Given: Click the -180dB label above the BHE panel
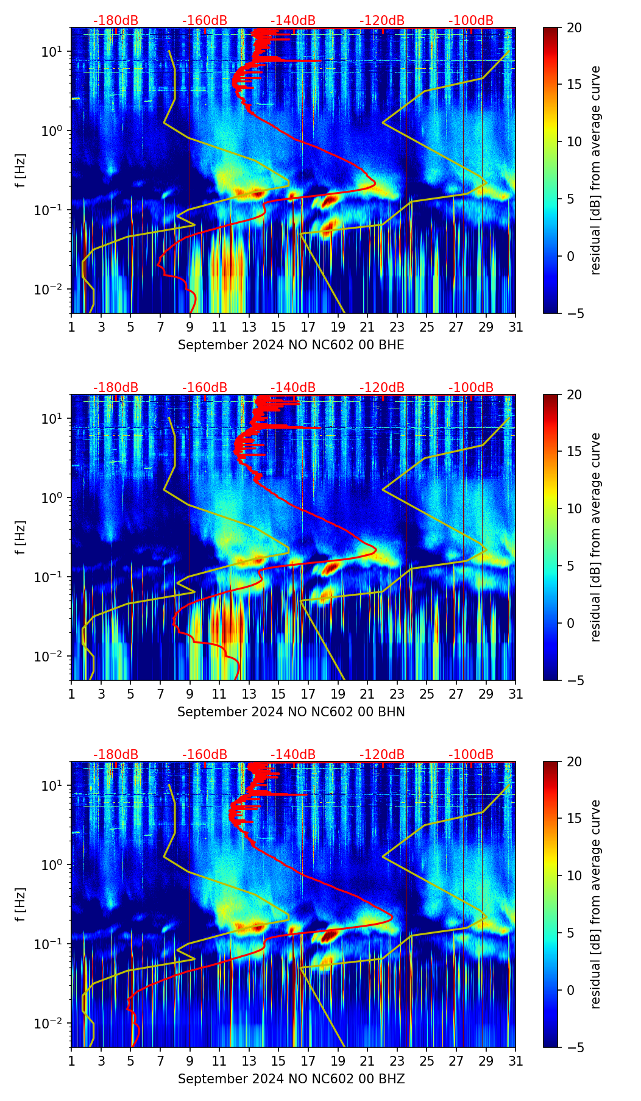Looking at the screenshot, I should pos(116,21).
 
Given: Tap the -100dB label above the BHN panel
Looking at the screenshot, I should pos(471,388).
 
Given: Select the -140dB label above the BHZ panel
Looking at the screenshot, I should pos(293,755).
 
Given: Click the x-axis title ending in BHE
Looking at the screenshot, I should pos(291,345).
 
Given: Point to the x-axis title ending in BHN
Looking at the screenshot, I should pos(291,712).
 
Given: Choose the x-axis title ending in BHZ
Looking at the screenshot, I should pos(291,1079).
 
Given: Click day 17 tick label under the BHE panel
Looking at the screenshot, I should pos(308,327).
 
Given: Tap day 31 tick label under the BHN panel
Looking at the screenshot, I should pos(515,694).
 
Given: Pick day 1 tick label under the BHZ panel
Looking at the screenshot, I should pos(71,1061).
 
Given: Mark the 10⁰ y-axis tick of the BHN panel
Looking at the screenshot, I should pos(49,498).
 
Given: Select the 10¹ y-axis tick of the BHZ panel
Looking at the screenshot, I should pos(49,786).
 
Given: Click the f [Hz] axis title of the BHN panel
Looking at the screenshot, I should pos(21,537).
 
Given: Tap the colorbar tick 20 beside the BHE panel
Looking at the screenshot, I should pos(575,27).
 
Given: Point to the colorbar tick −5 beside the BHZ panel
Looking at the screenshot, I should pos(575,1047).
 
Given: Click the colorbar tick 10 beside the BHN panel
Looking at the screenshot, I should pos(575,508).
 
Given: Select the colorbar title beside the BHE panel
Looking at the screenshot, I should pos(595,170).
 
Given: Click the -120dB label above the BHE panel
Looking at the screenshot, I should pos(382,21).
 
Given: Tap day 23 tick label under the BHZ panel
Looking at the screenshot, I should pos(397,1061).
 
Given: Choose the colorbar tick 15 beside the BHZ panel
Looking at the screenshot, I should pos(575,818).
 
